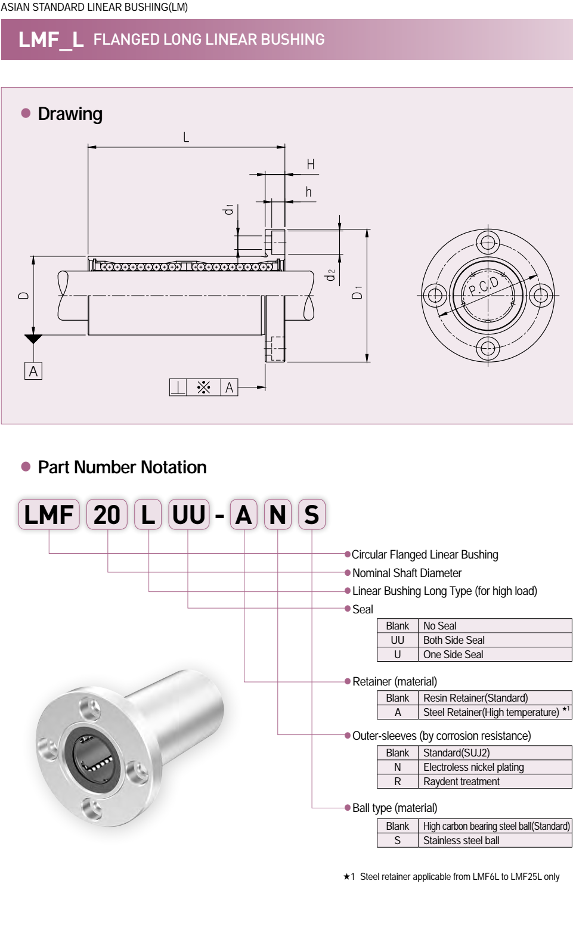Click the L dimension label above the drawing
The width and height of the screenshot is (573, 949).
[x=186, y=138]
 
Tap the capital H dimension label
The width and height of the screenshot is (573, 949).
[x=311, y=165]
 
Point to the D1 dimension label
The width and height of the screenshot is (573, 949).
[x=357, y=292]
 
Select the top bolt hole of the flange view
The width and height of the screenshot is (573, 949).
[x=488, y=243]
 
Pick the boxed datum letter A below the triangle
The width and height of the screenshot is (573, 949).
[x=33, y=371]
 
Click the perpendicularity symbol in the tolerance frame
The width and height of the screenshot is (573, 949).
[x=178, y=387]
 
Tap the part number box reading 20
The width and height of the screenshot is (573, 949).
[x=107, y=515]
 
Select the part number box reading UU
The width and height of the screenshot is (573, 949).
[x=189, y=515]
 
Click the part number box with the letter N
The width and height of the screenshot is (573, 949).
[x=277, y=515]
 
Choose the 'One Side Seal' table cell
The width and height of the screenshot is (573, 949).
[x=453, y=655]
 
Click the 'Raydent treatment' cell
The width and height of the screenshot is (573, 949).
[x=462, y=781]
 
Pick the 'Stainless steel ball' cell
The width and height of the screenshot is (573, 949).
[x=462, y=841]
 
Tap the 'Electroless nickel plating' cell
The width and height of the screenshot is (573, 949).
[x=473, y=767]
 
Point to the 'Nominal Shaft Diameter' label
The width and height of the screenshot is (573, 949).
[x=407, y=573]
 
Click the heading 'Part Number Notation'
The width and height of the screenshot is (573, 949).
[x=122, y=467]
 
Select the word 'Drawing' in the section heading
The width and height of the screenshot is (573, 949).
[x=70, y=114]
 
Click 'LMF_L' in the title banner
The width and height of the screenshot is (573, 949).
[x=51, y=40]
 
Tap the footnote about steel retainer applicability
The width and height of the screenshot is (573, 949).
[x=452, y=877]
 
